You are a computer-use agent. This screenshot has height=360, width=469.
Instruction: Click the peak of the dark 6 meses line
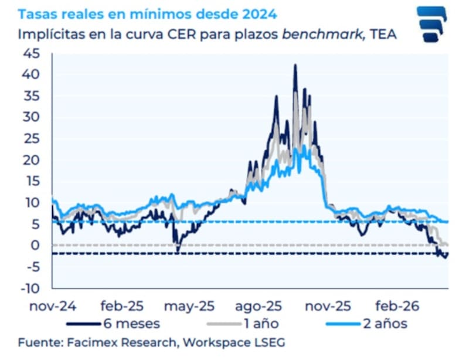click(x=295, y=65)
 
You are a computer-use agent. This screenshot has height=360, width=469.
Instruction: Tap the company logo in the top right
click(x=431, y=24)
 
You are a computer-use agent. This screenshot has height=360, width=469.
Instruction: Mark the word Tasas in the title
click(x=37, y=13)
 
